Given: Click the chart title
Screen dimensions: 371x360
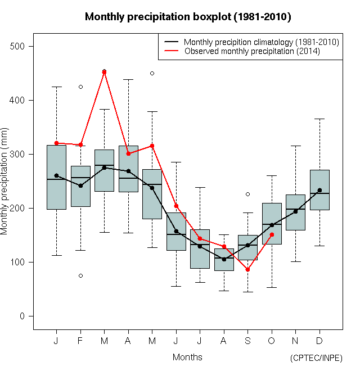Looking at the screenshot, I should (188, 17).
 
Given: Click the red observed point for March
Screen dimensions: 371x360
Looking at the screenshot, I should (104, 72).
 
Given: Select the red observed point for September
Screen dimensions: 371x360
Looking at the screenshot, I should (247, 270).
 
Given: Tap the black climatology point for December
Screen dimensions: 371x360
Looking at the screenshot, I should (319, 190).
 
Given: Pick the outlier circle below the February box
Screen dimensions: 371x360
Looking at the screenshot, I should (80, 275).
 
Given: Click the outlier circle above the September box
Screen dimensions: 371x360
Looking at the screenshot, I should (247, 194).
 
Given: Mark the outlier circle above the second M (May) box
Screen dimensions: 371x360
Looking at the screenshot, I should (152, 73).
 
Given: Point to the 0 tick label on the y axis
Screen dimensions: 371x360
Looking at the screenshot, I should (23, 316).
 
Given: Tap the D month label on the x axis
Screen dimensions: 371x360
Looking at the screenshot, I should (319, 341).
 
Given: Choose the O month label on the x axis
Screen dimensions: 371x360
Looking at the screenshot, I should (272, 341).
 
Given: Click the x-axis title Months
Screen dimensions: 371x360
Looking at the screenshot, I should (187, 357).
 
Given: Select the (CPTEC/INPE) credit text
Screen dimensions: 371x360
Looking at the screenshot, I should (316, 358).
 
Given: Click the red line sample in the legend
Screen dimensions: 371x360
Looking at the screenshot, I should (172, 51).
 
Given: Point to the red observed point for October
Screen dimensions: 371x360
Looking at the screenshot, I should (272, 234).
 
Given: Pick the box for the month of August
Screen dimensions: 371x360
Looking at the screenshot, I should (224, 260).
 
